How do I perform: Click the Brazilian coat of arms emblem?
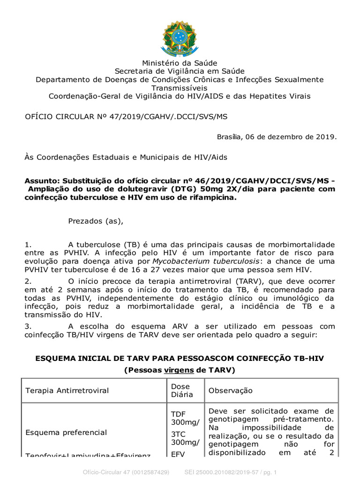180,37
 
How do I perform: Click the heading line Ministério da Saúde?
180,63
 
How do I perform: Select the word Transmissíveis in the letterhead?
180,88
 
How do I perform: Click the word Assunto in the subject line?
41,181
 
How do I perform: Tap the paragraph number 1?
27,245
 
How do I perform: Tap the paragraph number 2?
27,281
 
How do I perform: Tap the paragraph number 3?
27,326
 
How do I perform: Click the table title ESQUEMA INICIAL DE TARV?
180,358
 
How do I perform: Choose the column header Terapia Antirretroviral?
67,390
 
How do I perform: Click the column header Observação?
230,390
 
